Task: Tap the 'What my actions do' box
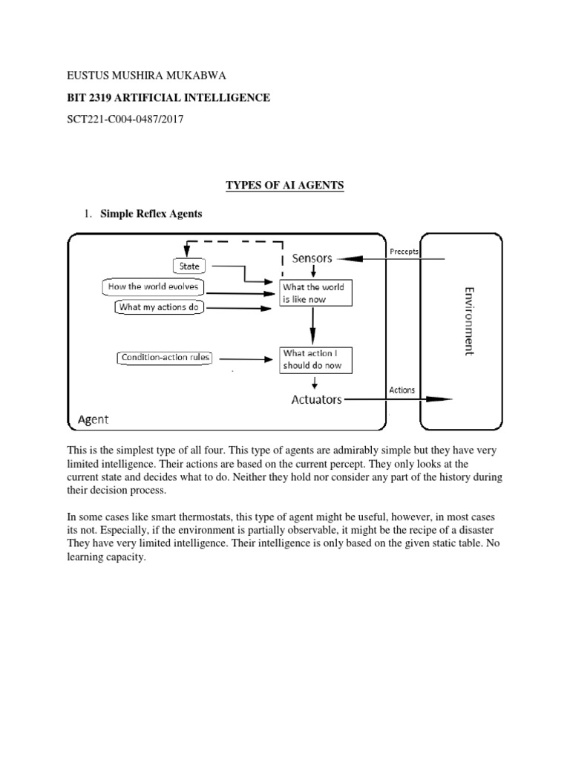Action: [x=160, y=307]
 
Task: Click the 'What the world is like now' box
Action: [x=315, y=293]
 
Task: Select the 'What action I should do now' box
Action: [x=315, y=360]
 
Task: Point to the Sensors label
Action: [x=312, y=258]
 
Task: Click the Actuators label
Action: [x=316, y=399]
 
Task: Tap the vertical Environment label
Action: [x=469, y=321]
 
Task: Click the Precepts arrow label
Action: [x=404, y=252]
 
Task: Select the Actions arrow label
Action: [x=402, y=390]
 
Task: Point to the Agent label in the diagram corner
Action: [x=93, y=419]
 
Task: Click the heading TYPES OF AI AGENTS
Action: [x=285, y=186]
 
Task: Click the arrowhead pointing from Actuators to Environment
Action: [x=443, y=399]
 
